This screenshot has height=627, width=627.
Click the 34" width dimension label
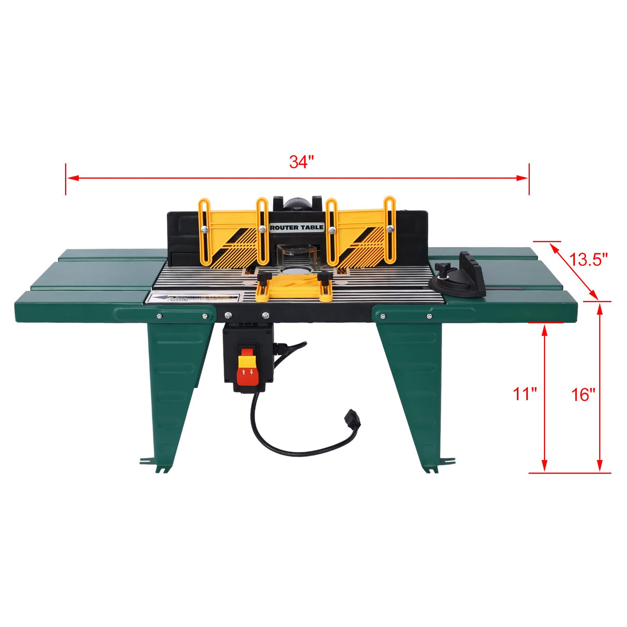click(302, 162)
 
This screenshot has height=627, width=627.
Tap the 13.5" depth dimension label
click(588, 259)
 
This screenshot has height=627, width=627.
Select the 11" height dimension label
click(525, 394)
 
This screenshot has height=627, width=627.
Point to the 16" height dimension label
click(583, 395)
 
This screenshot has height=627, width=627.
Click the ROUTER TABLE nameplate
click(297, 227)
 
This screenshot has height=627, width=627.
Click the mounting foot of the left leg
click(155, 462)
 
